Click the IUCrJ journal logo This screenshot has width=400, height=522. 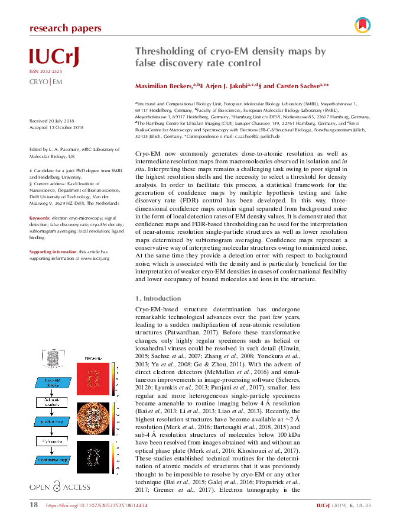(54, 56)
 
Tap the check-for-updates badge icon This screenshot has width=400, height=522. (362, 25)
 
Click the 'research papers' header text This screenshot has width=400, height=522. (65, 28)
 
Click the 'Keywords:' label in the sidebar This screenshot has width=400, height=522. (40, 218)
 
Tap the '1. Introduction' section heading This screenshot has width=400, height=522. (158, 298)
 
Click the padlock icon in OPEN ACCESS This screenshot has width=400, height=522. (57, 486)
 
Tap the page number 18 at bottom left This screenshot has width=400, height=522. (34, 505)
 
